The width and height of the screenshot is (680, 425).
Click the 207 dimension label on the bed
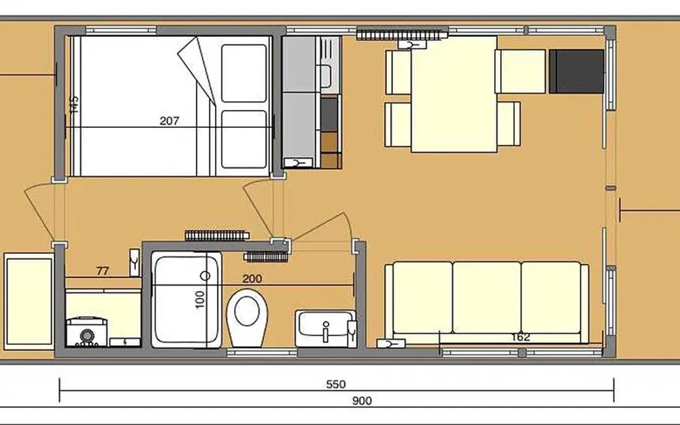pyautogui.click(x=169, y=121)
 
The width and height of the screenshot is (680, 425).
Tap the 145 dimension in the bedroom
pyautogui.click(x=74, y=104)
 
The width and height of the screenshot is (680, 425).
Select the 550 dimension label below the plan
pyautogui.click(x=336, y=384)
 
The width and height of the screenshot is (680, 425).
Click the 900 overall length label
pyautogui.click(x=362, y=401)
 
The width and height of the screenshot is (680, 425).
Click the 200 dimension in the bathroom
pyautogui.click(x=252, y=278)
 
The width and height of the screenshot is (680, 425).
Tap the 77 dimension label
pyautogui.click(x=103, y=271)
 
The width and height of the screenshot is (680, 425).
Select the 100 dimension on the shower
pyautogui.click(x=200, y=299)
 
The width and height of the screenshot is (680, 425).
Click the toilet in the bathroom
pyautogui.click(x=246, y=316)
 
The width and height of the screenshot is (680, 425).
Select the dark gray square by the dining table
pyautogui.click(x=576, y=71)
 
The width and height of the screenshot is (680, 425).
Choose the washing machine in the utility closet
pyautogui.click(x=86, y=333)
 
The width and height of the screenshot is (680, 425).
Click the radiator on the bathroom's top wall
pyautogui.click(x=215, y=235)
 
